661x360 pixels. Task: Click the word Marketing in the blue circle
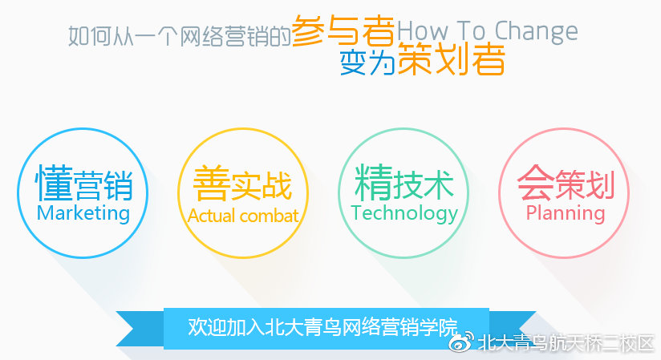click(x=83, y=213)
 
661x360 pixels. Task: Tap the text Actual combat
click(x=243, y=216)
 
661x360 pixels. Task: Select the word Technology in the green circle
click(x=404, y=213)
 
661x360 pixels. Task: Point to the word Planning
click(x=566, y=213)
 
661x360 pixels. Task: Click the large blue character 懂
click(x=53, y=184)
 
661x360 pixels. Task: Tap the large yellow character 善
click(x=210, y=184)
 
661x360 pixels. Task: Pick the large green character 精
click(x=372, y=184)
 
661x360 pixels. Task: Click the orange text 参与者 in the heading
click(x=343, y=31)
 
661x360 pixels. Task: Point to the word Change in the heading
click(x=536, y=32)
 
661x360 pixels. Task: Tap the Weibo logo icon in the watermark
click(x=460, y=343)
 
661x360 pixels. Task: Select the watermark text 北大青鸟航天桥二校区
click(x=566, y=343)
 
